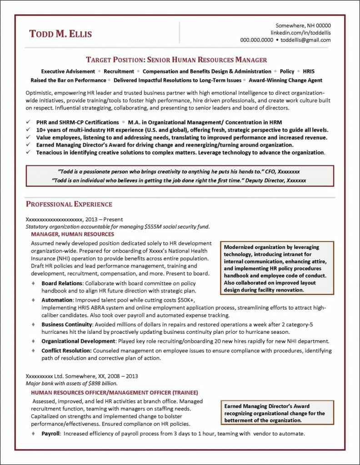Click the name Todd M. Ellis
click(60, 34)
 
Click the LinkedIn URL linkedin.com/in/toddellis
click(300, 33)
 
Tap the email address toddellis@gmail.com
click(305, 40)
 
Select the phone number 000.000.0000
click(256, 40)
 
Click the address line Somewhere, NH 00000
click(303, 25)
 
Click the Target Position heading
click(176, 59)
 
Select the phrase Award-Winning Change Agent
click(286, 80)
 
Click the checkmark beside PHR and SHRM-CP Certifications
click(28, 123)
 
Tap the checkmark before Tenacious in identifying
click(28, 153)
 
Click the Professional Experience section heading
click(69, 204)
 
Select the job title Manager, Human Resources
click(72, 234)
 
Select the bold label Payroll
click(50, 434)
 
